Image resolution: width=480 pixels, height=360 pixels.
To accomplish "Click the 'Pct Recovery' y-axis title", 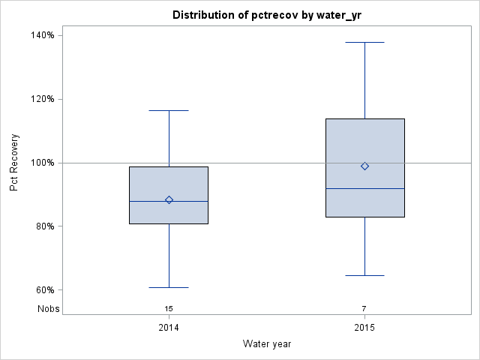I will pos(14,163).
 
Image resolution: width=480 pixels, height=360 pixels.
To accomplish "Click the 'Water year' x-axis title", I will pos(267,343).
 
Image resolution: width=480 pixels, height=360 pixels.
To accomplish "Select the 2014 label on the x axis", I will pos(169,328).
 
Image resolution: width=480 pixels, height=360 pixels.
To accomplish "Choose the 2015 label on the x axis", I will pos(364,328).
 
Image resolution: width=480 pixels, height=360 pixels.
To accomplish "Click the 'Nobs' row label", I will pos(49,308).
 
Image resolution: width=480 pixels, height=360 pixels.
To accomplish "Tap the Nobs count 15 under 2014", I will pos(169,308).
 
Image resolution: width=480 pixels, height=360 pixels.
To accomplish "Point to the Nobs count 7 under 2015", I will pos(364,308).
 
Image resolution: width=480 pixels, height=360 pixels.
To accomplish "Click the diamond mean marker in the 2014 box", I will pos(169,199).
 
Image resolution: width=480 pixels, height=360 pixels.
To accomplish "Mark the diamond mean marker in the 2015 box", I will pos(364,166).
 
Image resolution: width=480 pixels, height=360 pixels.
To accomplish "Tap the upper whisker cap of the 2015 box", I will pos(364,42).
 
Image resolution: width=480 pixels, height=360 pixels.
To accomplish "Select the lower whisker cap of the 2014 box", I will pos(169,287).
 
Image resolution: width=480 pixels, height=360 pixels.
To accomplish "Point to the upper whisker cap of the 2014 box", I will pos(169,110).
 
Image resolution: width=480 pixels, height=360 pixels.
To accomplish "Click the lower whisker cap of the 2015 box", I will pos(364,275).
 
